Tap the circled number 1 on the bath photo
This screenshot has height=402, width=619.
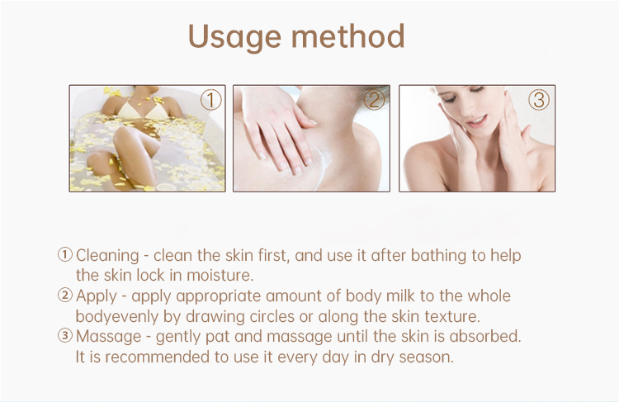(x=211, y=101)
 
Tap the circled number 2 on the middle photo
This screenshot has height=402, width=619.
(x=375, y=101)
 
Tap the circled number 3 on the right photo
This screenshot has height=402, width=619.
(x=540, y=101)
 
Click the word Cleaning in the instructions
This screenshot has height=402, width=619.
(x=108, y=256)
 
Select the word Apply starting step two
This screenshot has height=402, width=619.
(x=95, y=296)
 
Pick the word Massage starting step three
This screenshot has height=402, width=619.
(x=105, y=336)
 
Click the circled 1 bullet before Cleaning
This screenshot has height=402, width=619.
(x=65, y=256)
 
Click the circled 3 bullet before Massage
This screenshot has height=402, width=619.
(x=65, y=336)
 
